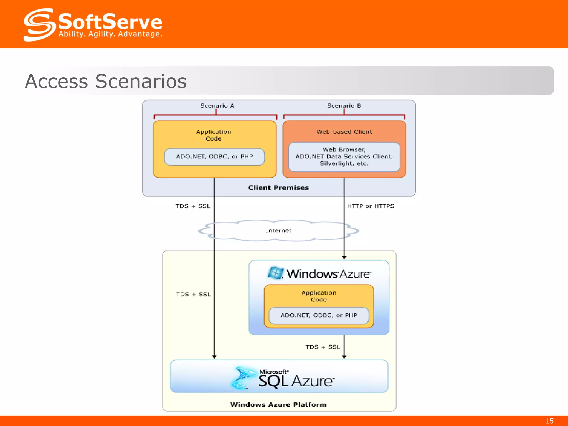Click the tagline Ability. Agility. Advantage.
point(110,34)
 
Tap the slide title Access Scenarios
point(106,81)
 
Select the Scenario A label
point(217,106)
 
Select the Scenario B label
point(344,106)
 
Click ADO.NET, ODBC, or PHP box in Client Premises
point(214,157)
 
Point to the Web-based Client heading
point(344,132)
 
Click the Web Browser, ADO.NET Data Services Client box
point(344,157)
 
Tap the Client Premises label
point(278,188)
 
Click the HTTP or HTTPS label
point(371,206)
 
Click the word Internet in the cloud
point(278,230)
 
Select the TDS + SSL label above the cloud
point(193,206)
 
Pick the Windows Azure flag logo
point(275,273)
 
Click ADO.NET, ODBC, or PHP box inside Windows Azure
point(319,315)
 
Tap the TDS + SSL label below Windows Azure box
point(323,347)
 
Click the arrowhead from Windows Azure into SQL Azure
point(344,357)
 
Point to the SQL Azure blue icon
point(244,377)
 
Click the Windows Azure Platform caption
point(278,404)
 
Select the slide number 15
point(549,421)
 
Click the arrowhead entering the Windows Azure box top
point(344,257)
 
